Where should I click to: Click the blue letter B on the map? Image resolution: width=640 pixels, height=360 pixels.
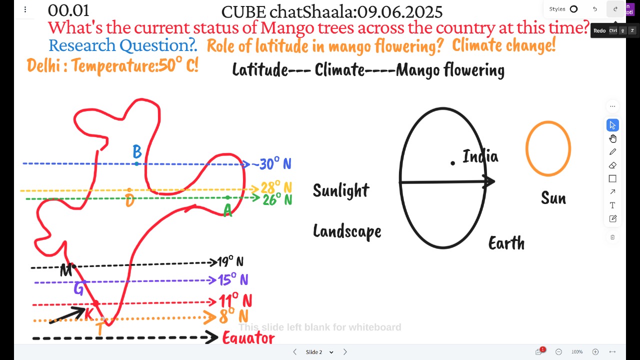(x=137, y=151)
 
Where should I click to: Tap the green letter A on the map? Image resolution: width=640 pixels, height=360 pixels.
(x=227, y=210)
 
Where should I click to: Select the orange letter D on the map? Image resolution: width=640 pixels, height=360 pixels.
(x=130, y=201)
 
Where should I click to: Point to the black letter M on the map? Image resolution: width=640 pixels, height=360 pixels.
(x=66, y=270)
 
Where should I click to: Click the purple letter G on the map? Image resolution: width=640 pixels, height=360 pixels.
(x=78, y=289)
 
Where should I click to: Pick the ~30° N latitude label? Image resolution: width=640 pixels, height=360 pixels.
(x=271, y=164)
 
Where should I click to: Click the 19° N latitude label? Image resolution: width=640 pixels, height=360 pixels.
(x=230, y=261)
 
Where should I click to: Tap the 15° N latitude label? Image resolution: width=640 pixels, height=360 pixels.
(x=233, y=279)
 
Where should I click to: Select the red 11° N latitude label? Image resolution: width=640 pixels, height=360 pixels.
(x=235, y=300)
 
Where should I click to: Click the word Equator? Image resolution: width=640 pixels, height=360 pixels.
(x=248, y=337)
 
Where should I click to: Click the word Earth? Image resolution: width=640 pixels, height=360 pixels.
(x=506, y=243)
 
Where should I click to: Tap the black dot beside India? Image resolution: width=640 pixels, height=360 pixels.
(x=452, y=163)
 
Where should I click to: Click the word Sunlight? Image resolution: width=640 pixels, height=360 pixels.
(x=341, y=190)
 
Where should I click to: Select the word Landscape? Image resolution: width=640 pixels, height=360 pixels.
(x=347, y=231)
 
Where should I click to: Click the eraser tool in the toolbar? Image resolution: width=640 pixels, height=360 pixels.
(x=612, y=165)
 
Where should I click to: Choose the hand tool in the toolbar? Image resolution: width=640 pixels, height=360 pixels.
(x=612, y=138)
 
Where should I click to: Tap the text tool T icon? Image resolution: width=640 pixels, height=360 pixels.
(x=612, y=205)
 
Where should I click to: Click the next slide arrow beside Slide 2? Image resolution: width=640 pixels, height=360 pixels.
(x=345, y=351)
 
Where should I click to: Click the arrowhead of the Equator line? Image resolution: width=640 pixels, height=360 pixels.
(x=213, y=337)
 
